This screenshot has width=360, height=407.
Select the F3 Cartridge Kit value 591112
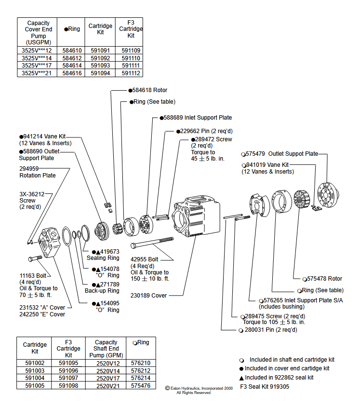(131, 73)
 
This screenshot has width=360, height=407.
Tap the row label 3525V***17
(37, 66)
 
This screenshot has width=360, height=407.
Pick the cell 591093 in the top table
(100, 66)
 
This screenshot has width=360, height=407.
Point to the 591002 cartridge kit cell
(35, 363)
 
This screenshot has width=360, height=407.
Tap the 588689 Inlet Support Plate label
(198, 118)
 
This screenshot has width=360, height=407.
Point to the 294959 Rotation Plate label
(37, 172)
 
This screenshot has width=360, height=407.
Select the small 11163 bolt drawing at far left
(36, 258)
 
